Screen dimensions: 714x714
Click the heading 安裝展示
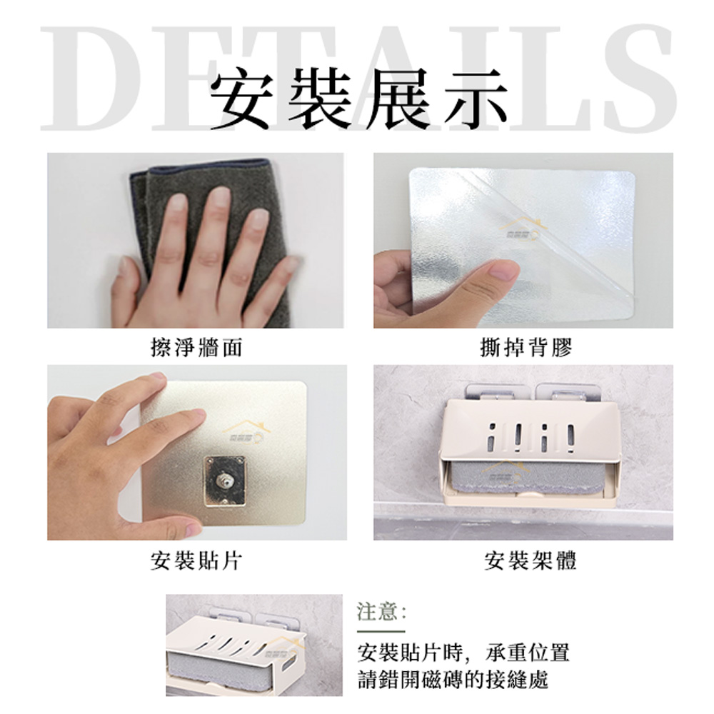[359, 98]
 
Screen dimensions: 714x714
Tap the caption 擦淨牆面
[196, 348]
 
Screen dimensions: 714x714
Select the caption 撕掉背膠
[526, 348]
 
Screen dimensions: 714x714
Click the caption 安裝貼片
[196, 560]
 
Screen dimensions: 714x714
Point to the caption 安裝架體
[531, 560]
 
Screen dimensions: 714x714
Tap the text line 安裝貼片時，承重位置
[463, 653]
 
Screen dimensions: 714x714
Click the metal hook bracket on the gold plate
[223, 481]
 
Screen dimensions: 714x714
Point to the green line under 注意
[381, 632]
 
